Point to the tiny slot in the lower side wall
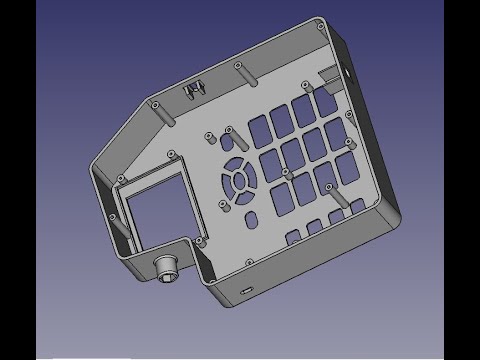click(246, 289)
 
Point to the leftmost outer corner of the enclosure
click(91, 160)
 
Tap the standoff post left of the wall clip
click(157, 104)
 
